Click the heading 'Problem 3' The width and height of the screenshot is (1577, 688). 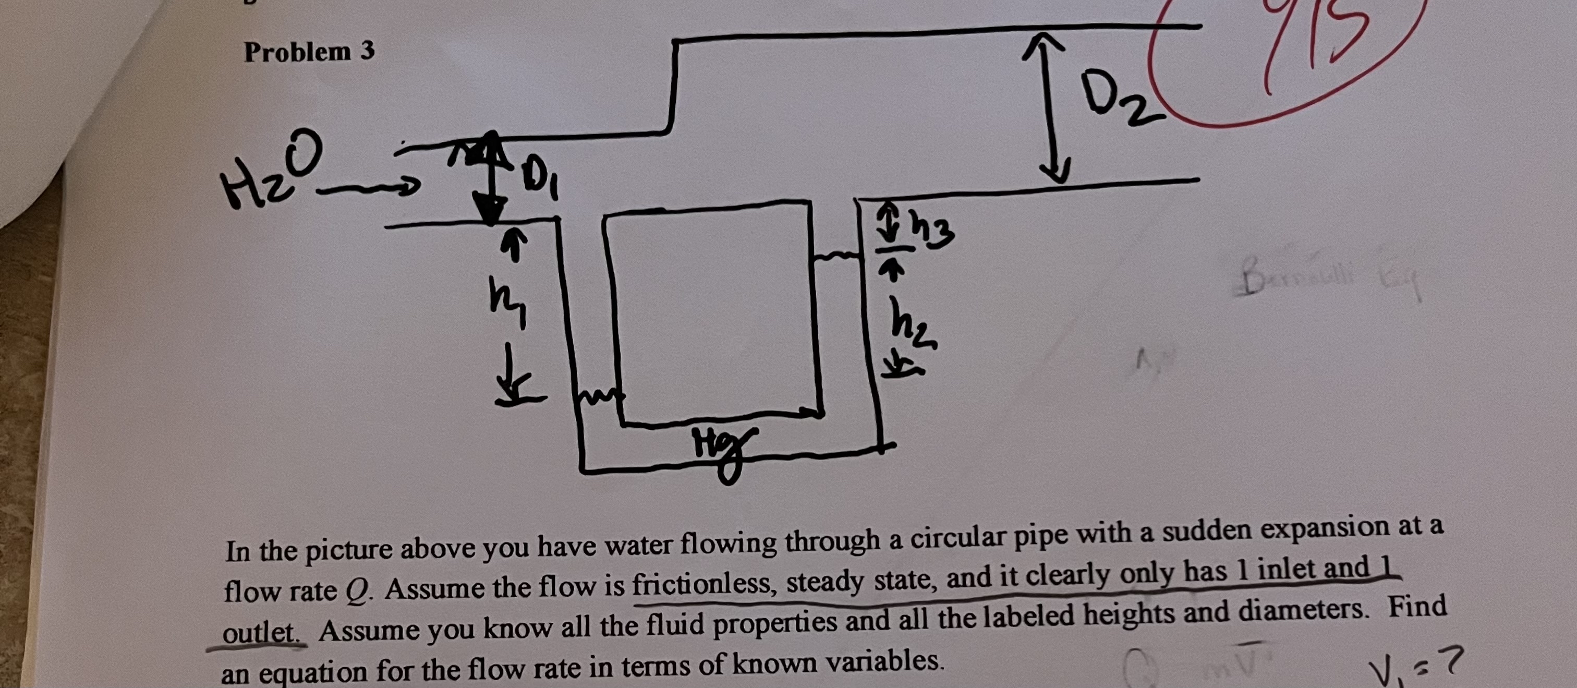coord(309,52)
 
